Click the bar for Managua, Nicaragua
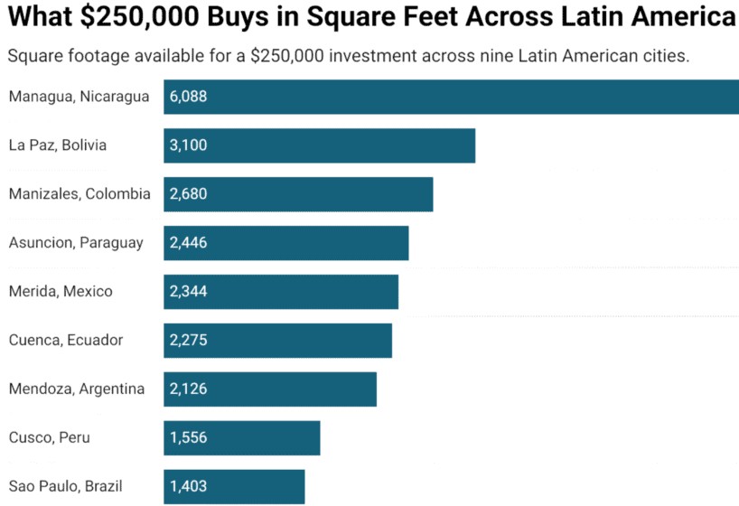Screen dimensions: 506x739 point(452,97)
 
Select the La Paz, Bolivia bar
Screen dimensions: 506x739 point(319,145)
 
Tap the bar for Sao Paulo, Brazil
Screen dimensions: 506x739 point(234,486)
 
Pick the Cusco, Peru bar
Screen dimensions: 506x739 point(241,438)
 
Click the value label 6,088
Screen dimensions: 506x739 point(188,97)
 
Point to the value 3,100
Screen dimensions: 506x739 point(188,145)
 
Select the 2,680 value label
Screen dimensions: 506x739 point(188,194)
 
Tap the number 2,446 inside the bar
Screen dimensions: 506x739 point(188,243)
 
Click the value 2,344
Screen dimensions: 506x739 point(188,292)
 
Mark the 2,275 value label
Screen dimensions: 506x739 point(188,341)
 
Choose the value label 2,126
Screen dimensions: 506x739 point(188,389)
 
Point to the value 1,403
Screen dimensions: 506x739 point(188,486)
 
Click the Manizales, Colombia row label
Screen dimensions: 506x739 point(80,194)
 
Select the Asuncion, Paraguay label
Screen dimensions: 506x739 point(76,243)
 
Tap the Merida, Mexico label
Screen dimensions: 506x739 point(61,292)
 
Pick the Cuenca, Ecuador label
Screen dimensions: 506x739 point(66,341)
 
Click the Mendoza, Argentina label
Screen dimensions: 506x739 point(77,389)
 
